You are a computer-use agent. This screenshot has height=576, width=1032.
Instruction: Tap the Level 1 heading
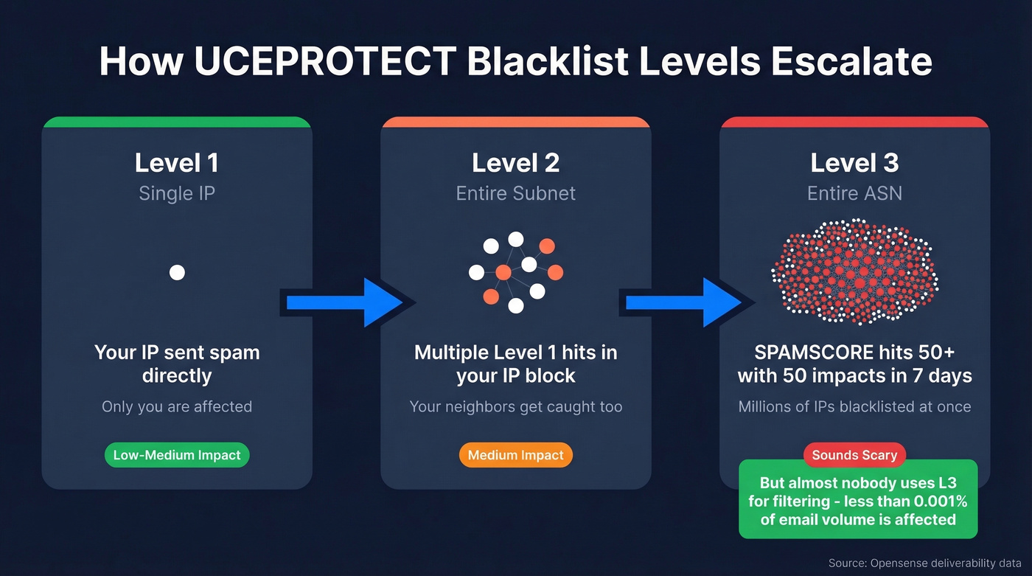tap(176, 163)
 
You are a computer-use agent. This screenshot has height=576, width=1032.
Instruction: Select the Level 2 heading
tap(515, 163)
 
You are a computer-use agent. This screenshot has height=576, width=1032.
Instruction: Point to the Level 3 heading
tap(854, 163)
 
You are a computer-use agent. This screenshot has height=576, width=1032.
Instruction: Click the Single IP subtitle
tap(176, 193)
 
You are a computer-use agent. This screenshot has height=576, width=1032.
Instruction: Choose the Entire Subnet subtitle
tap(515, 193)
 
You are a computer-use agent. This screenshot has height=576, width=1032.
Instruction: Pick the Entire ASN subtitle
tap(854, 193)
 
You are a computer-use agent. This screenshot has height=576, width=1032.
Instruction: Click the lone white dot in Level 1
tap(177, 273)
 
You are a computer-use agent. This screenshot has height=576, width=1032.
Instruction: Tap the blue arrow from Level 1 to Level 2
tap(343, 302)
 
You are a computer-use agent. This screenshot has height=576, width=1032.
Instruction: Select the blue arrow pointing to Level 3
tap(682, 302)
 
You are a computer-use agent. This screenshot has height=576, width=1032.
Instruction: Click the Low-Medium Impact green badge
tap(177, 455)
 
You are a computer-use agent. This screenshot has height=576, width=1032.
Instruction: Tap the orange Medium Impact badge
tap(515, 455)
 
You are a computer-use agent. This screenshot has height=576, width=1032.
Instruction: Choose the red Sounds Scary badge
tap(854, 455)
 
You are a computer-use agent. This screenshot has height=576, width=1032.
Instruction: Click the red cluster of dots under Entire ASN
tap(854, 271)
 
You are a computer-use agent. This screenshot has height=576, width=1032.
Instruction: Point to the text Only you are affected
tap(177, 406)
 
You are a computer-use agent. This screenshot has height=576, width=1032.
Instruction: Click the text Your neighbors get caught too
tap(515, 406)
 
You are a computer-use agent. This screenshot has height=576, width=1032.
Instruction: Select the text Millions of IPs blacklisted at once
tap(854, 406)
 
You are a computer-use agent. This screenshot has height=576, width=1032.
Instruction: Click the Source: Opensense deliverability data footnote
tap(924, 563)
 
